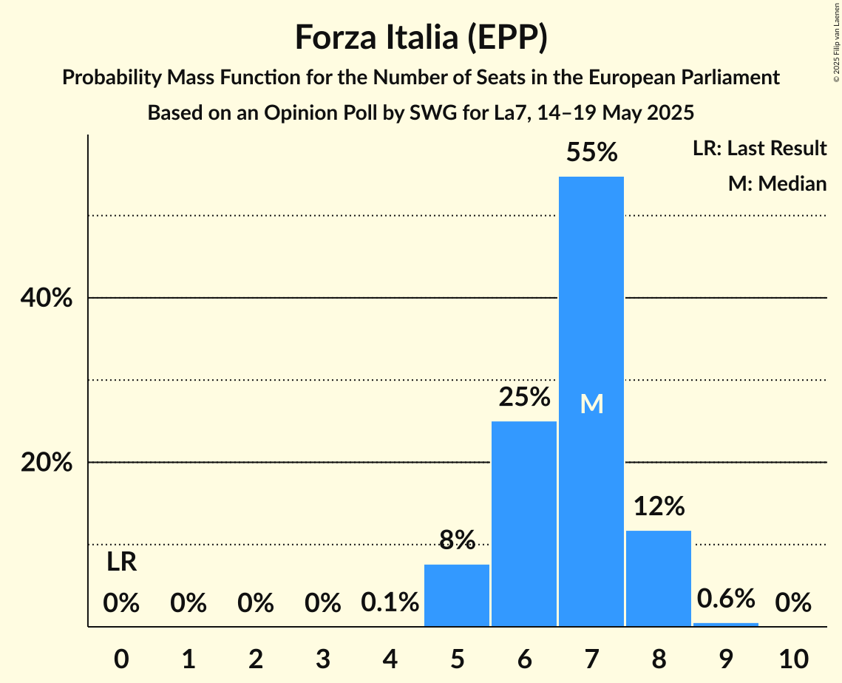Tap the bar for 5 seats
(457, 595)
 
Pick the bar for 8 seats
(658, 578)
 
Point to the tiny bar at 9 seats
(726, 625)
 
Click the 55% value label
(591, 153)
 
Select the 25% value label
(524, 398)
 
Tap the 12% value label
(658, 507)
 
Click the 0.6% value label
(726, 598)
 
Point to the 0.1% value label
(390, 603)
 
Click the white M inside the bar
(591, 404)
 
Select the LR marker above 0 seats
(121, 563)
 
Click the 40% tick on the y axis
(46, 299)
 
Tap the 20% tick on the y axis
(46, 463)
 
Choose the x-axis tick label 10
(792, 658)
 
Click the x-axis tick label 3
(322, 658)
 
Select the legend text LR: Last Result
(759, 149)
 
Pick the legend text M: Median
(777, 183)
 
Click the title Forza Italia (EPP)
(421, 38)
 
